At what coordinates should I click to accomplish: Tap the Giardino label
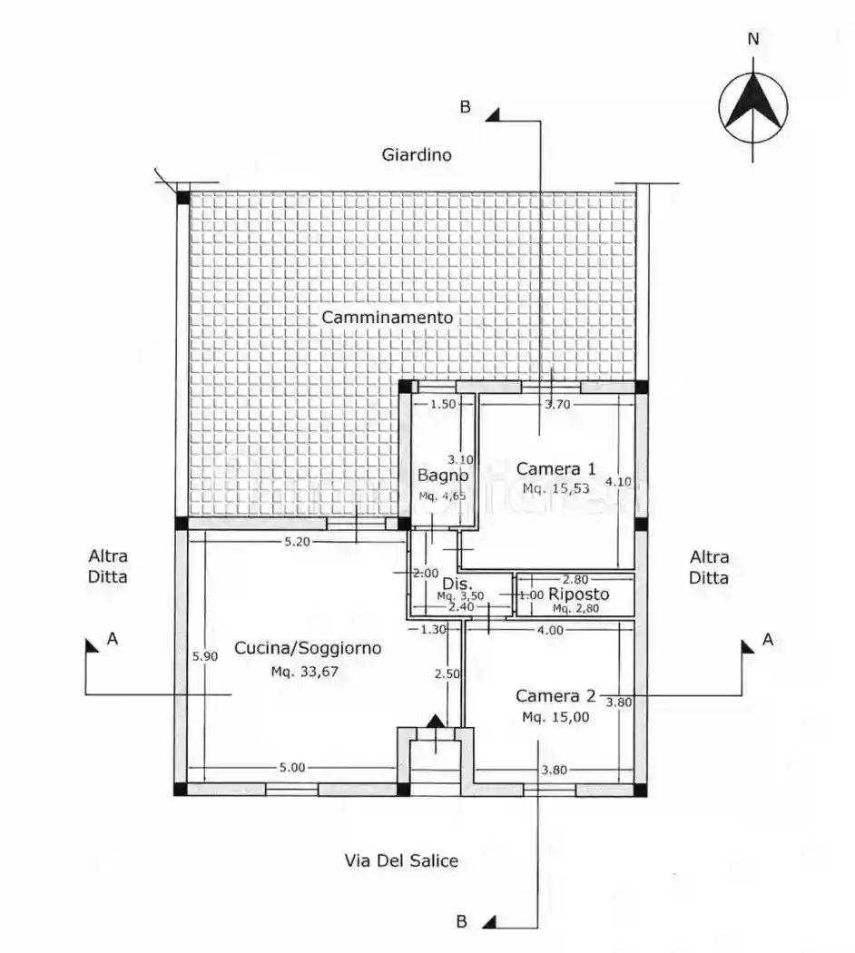point(417,155)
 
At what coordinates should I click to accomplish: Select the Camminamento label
point(387,318)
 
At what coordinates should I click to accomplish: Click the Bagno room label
point(443,476)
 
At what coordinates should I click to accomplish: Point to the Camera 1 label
point(556,468)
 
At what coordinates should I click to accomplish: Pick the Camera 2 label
point(556,695)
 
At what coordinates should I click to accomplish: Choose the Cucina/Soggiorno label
point(308,649)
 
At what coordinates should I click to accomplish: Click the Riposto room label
point(578,594)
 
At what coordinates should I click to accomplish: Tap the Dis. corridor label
point(457,584)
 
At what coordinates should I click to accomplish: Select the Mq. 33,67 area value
point(304,672)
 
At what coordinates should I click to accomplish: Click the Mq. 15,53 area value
point(556,488)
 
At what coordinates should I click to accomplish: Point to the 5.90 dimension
point(205,656)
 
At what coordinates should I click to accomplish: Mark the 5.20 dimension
point(297,542)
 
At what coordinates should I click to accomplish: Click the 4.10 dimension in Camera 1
point(619,481)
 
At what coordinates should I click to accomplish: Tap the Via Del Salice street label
point(401,860)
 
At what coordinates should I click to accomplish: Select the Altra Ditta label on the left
point(108,565)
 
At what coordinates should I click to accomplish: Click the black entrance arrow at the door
point(436,722)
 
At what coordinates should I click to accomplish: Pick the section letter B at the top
point(465,107)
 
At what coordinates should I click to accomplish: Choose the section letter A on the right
point(768,639)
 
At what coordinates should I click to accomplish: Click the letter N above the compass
point(753,39)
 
